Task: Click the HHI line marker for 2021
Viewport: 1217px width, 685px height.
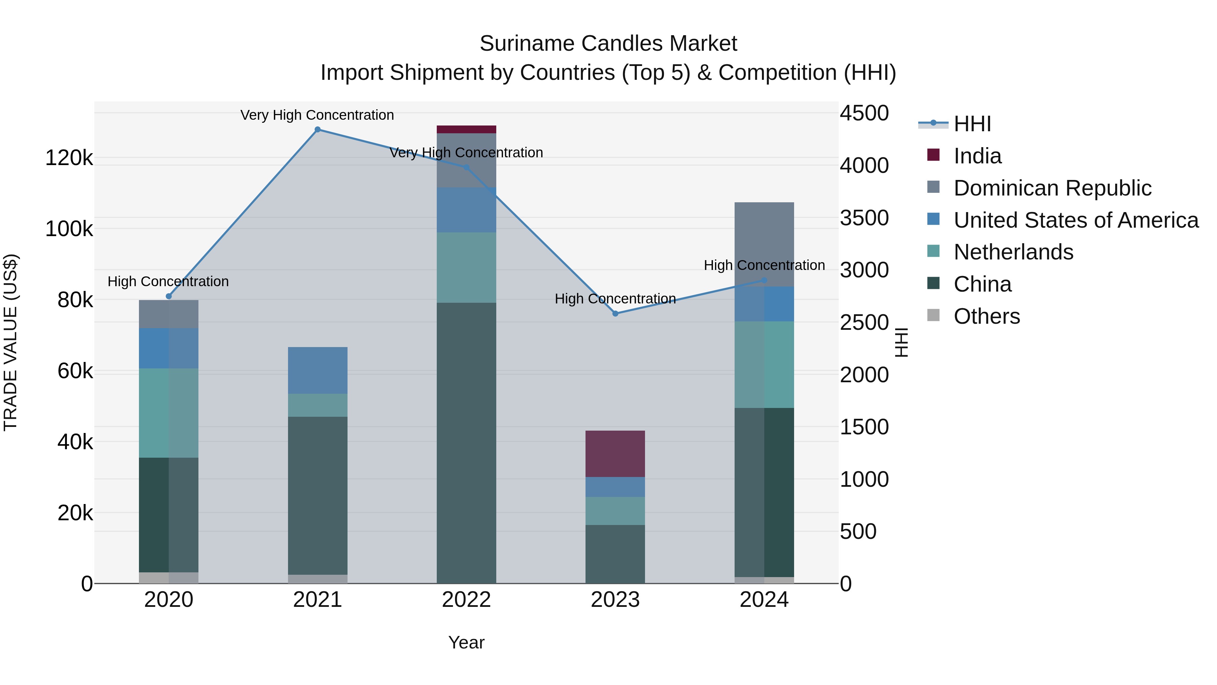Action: (x=317, y=130)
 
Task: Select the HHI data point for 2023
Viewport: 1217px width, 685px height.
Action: (x=615, y=314)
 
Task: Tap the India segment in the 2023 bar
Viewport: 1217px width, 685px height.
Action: (x=615, y=454)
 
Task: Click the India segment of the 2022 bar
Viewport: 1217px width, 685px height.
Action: (x=466, y=130)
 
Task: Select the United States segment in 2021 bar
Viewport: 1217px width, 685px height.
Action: (x=317, y=370)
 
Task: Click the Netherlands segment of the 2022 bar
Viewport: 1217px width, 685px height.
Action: (x=466, y=267)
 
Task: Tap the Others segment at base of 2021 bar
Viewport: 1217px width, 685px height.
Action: (x=317, y=579)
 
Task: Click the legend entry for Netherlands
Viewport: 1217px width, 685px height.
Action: (x=1013, y=252)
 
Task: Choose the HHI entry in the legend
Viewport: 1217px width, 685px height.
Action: (x=972, y=124)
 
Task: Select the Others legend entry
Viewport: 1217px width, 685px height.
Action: (x=986, y=316)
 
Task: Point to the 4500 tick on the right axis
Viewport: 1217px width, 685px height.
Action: (x=864, y=113)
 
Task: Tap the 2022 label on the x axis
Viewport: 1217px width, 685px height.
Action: (x=466, y=600)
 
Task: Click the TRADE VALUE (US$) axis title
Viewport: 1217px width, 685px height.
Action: (x=10, y=342)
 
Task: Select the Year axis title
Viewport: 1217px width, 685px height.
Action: (x=466, y=642)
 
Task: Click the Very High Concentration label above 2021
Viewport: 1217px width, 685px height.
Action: (x=317, y=115)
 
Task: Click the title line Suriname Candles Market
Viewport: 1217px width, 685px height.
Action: (x=608, y=44)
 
